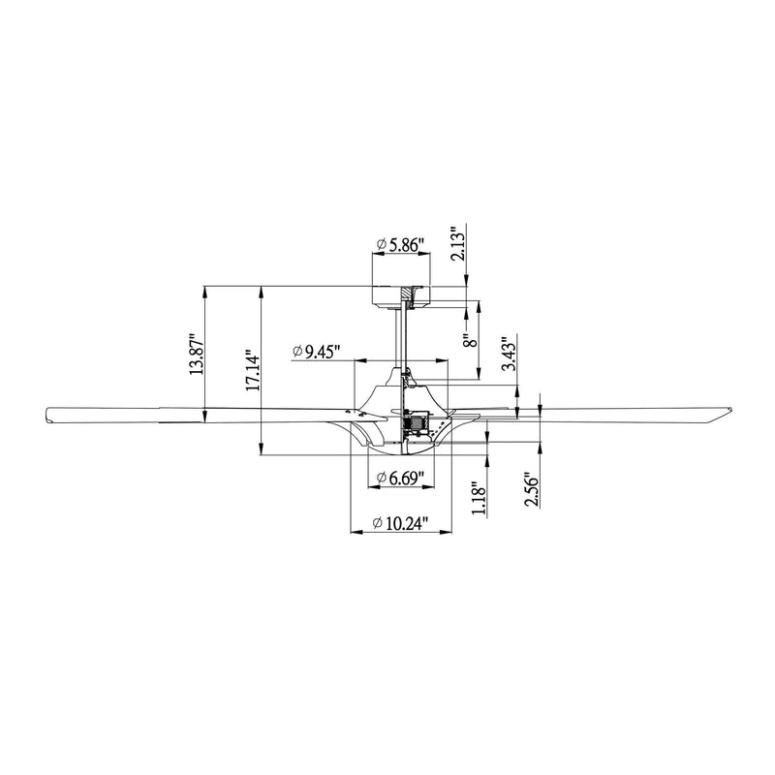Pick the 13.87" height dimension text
pos(197,356)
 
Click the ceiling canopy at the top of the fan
pos(401,296)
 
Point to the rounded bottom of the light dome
pos(401,453)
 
